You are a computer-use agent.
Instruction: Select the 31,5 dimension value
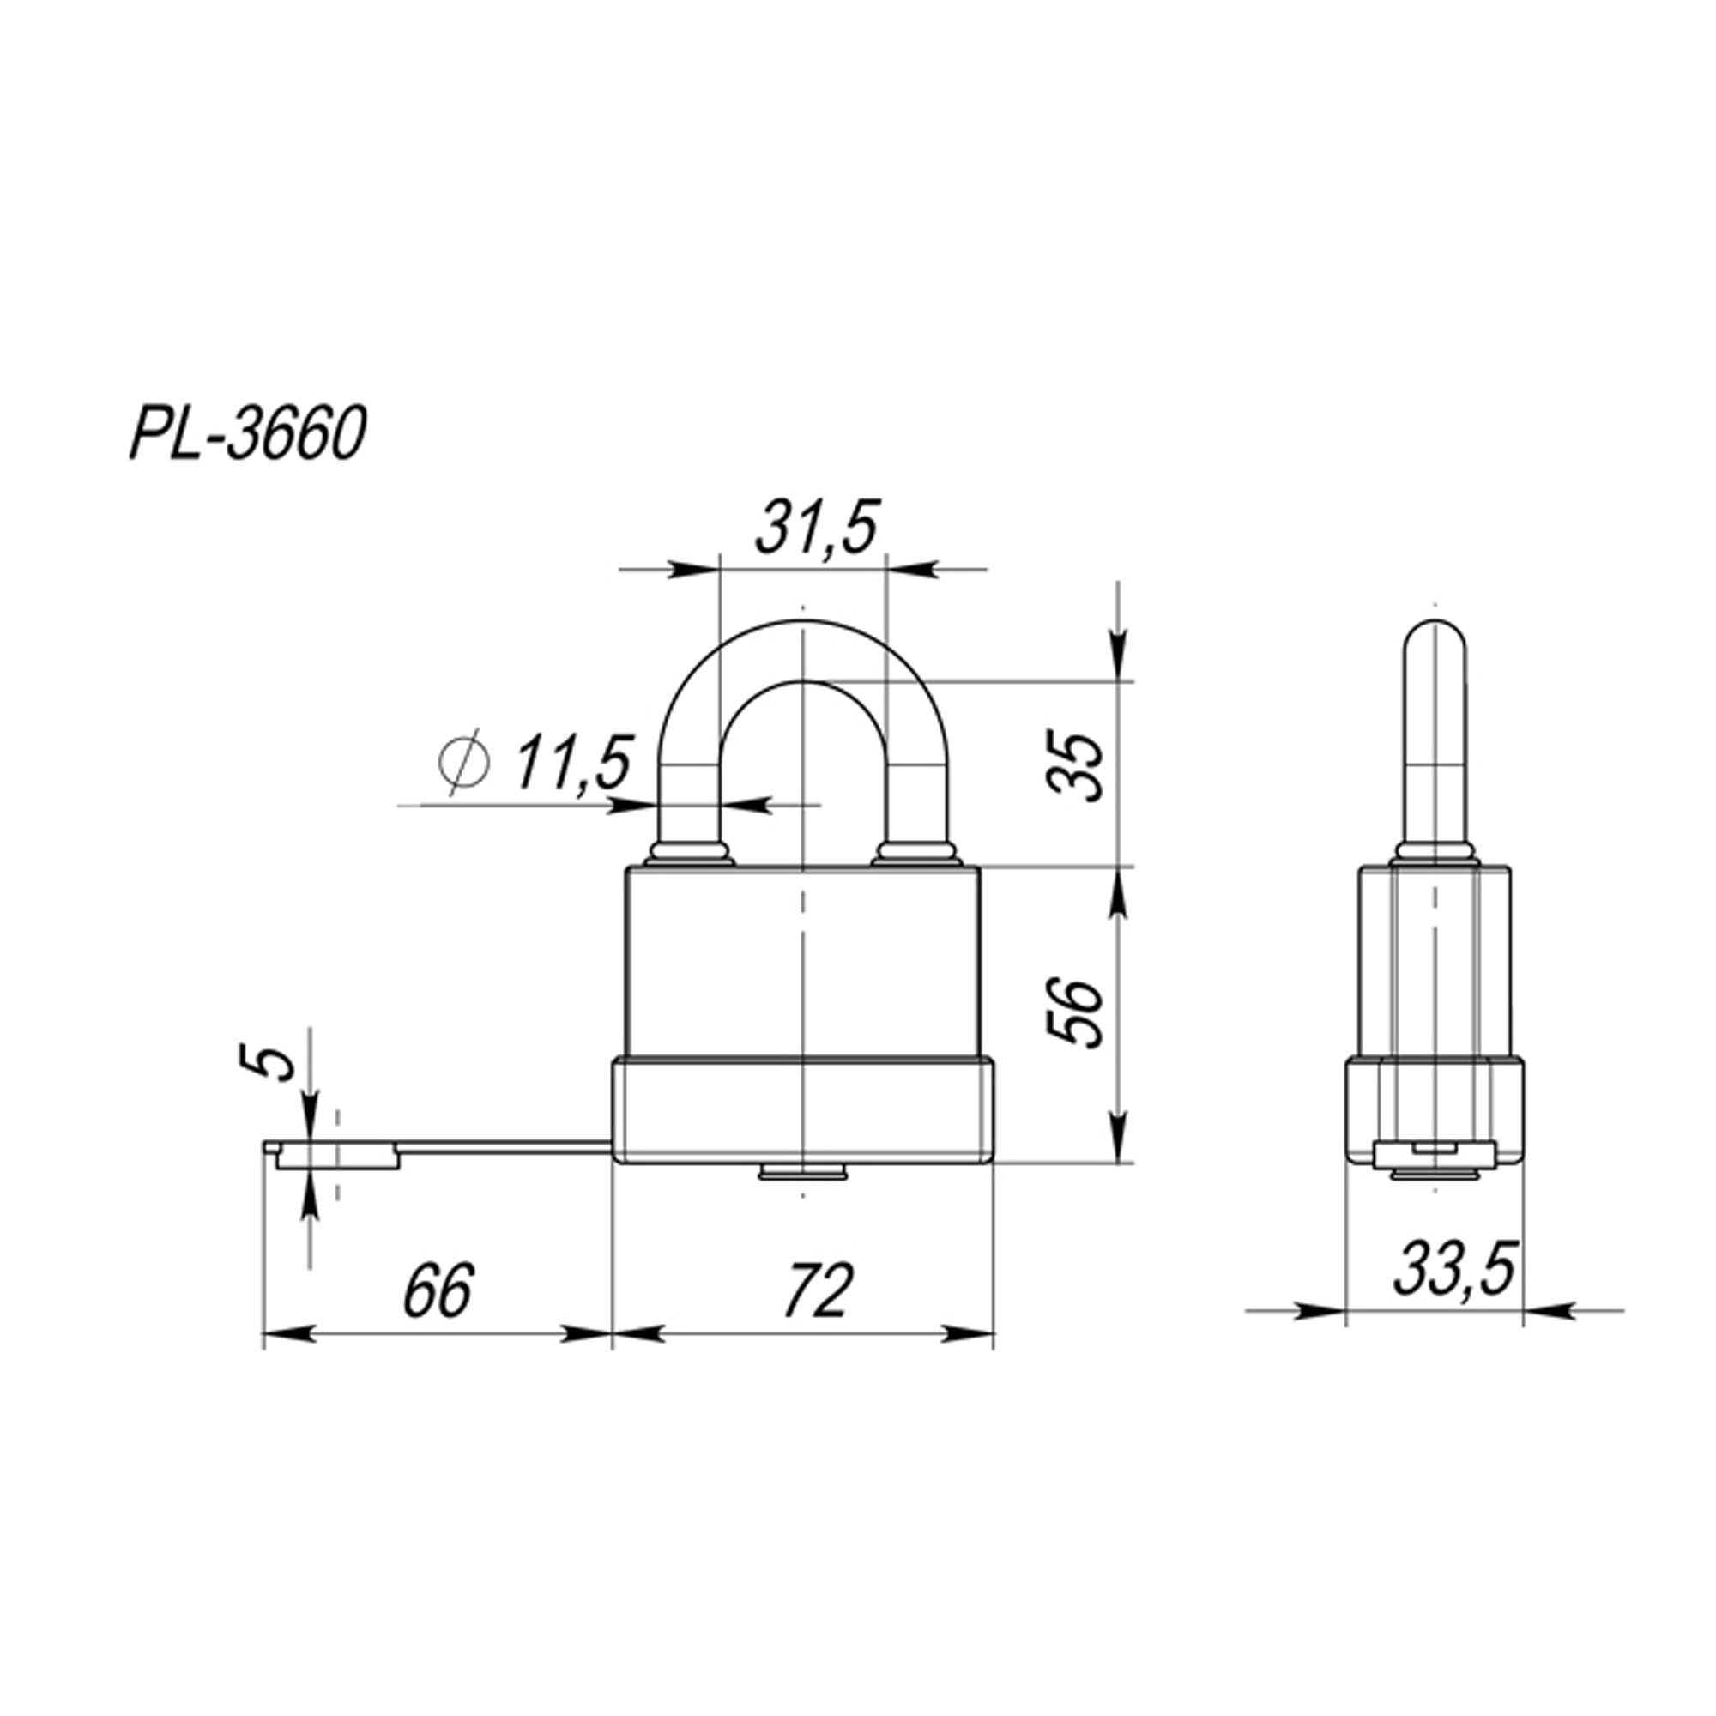(x=815, y=529)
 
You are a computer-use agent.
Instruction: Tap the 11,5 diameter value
(x=571, y=763)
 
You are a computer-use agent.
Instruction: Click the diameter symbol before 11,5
(x=465, y=762)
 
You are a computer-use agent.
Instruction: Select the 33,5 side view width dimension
(x=1453, y=1270)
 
